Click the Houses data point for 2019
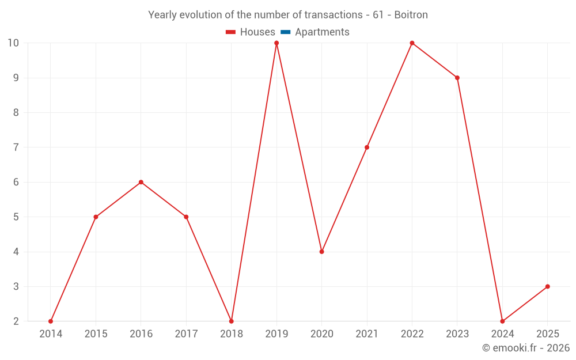[x=276, y=43]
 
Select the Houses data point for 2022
[x=412, y=43]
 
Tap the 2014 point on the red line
[x=51, y=321]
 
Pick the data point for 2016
[x=141, y=182]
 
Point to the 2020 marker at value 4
[x=321, y=252]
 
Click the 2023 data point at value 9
[x=457, y=78]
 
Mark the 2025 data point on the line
[x=547, y=286]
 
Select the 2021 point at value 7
[x=367, y=147]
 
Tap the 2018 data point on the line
[x=232, y=321]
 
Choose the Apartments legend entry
[x=322, y=32]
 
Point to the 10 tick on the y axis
[x=13, y=43]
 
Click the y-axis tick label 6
[x=16, y=182]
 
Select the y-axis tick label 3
[x=16, y=286]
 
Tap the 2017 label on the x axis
[x=186, y=334]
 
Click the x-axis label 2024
[x=502, y=334]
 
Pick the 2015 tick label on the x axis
[x=96, y=334]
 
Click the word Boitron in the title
[x=411, y=15]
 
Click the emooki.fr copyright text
[x=525, y=348]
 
